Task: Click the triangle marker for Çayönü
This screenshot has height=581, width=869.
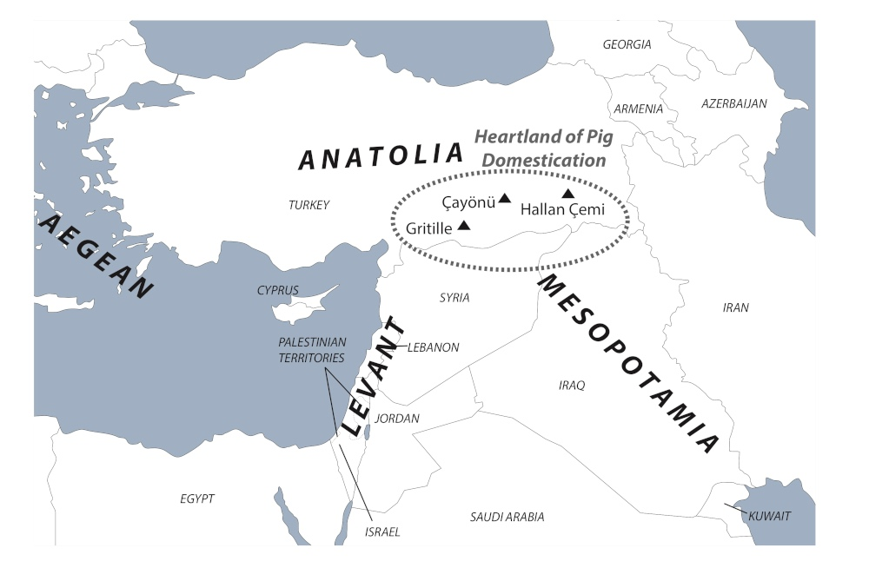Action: click(x=505, y=199)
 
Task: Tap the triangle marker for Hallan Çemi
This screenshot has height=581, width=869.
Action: click(x=567, y=194)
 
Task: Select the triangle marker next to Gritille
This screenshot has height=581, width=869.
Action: click(x=464, y=226)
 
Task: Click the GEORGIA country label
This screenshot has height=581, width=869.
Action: click(x=627, y=44)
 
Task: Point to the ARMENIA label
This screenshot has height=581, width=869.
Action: click(x=638, y=109)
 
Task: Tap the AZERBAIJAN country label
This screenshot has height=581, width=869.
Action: click(x=733, y=103)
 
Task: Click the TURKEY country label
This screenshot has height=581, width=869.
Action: click(x=308, y=205)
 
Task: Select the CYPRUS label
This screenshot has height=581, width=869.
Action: click(x=277, y=290)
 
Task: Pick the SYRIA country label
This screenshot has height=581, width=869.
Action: click(x=454, y=298)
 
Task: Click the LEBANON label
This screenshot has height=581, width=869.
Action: click(x=433, y=347)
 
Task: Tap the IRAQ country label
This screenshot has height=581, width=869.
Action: click(x=572, y=385)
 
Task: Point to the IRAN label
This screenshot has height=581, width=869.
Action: click(x=735, y=307)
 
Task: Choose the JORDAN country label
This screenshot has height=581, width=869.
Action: click(x=397, y=419)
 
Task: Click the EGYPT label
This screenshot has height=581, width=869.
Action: click(x=197, y=498)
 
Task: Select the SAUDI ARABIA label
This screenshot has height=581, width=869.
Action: click(x=507, y=517)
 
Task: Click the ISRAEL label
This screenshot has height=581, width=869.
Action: click(x=382, y=531)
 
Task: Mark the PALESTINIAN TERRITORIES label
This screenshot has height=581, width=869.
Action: click(x=311, y=350)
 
